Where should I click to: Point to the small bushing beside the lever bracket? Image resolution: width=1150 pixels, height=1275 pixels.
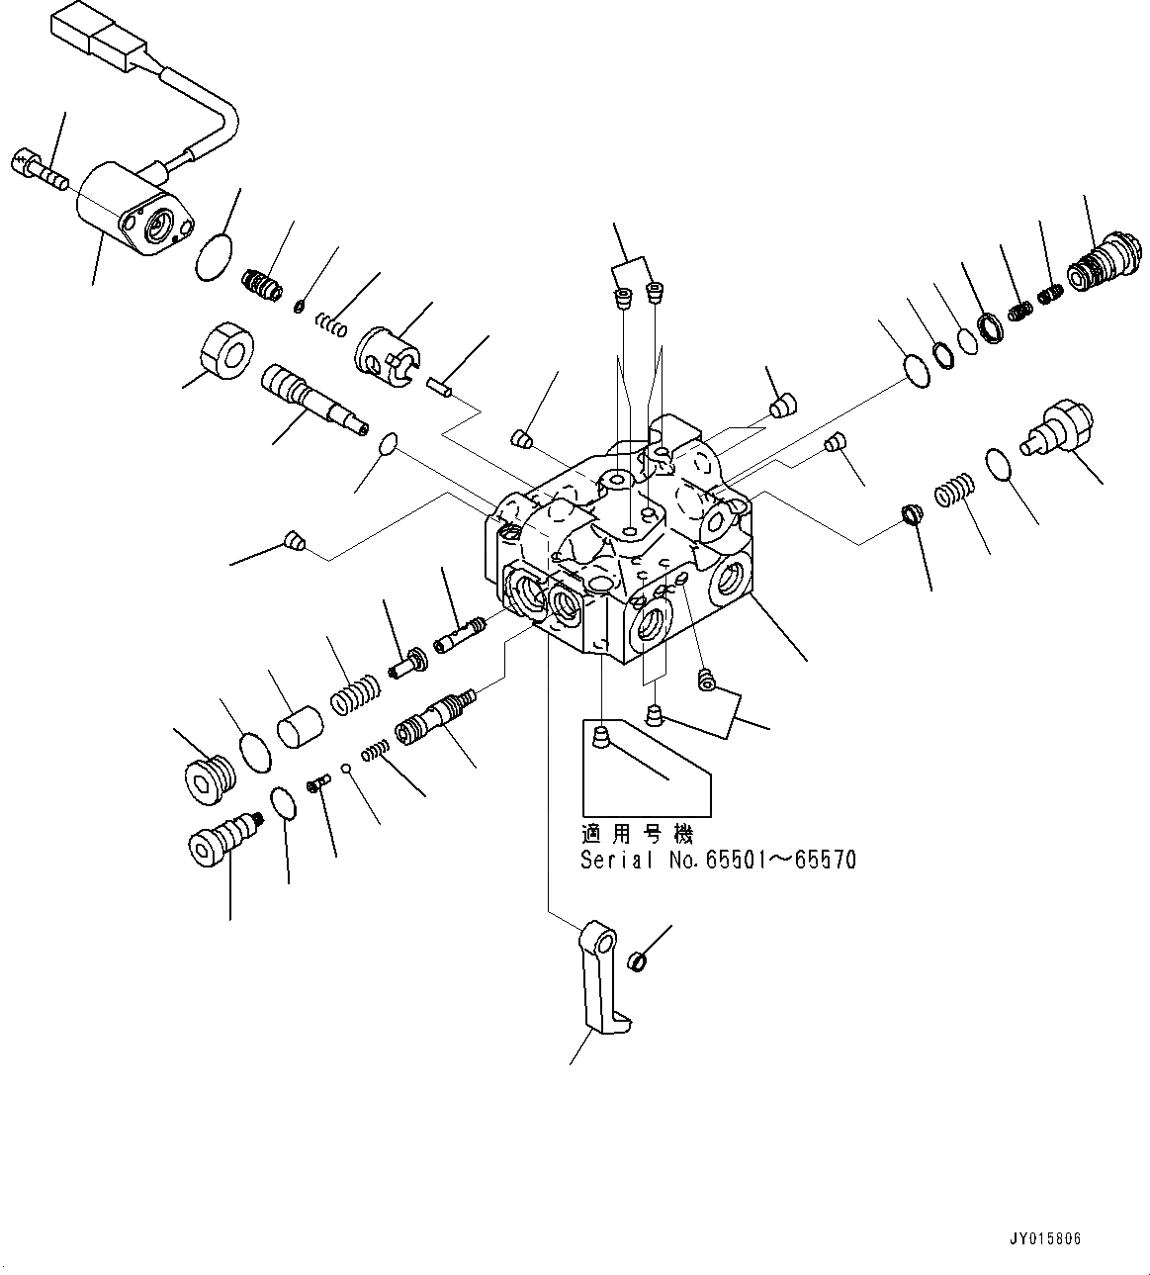[639, 958]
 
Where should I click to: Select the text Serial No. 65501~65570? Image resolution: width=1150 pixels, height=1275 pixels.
[718, 860]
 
